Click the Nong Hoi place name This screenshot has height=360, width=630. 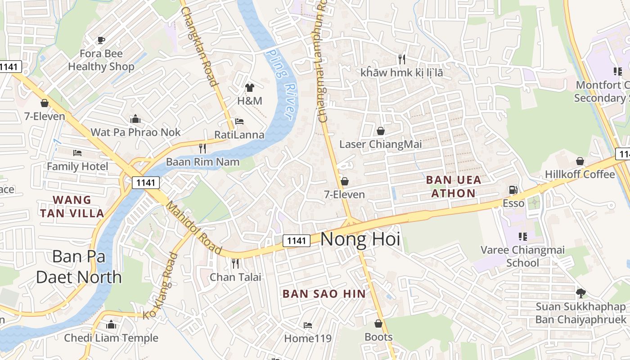(x=360, y=239)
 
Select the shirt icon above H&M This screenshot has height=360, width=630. (x=250, y=88)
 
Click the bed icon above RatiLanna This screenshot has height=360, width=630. (x=239, y=122)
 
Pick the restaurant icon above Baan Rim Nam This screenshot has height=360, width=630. (x=202, y=148)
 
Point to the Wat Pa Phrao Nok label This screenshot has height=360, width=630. (x=135, y=132)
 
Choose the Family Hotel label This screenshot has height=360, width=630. (x=77, y=166)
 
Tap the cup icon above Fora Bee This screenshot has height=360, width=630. (x=101, y=40)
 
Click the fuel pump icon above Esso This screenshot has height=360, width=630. (x=513, y=190)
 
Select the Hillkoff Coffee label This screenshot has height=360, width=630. (x=580, y=174)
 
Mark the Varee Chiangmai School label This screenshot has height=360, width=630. (x=522, y=256)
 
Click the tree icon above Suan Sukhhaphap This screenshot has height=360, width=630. (x=580, y=293)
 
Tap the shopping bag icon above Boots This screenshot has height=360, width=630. (x=378, y=324)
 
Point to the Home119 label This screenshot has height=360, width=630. (x=308, y=338)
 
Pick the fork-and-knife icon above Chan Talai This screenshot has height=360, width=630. (x=235, y=263)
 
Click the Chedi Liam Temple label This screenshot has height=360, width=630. (x=111, y=338)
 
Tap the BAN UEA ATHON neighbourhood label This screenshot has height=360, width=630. (x=453, y=186)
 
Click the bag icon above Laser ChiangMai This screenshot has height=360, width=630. (x=381, y=131)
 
